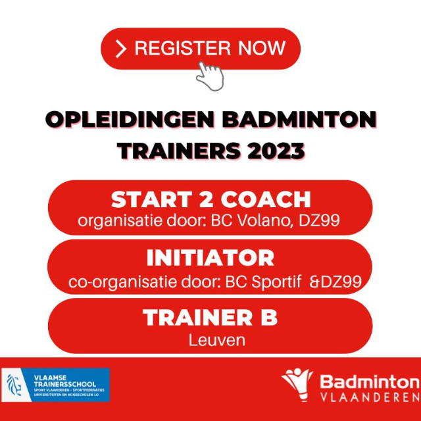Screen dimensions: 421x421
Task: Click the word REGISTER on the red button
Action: click(183, 48)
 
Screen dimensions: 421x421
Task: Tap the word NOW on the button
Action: click(262, 48)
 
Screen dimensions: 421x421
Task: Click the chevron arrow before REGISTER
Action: click(120, 49)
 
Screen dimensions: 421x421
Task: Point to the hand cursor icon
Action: click(210, 76)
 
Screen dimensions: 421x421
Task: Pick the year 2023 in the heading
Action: click(276, 151)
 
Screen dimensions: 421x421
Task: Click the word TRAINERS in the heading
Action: click(179, 151)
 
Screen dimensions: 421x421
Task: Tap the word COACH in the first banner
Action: click(266, 199)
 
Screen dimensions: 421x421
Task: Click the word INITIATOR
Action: click(210, 258)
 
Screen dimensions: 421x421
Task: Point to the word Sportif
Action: click(276, 282)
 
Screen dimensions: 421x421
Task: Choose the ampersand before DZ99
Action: click(314, 282)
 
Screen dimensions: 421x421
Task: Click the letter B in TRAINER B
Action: click(268, 317)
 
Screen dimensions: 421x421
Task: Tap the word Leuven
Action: click(216, 340)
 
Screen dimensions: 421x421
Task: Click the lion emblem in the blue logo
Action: click(14, 385)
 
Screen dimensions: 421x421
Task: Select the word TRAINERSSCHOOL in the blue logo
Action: click(65, 384)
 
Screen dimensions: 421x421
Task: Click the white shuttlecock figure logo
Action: click(297, 384)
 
